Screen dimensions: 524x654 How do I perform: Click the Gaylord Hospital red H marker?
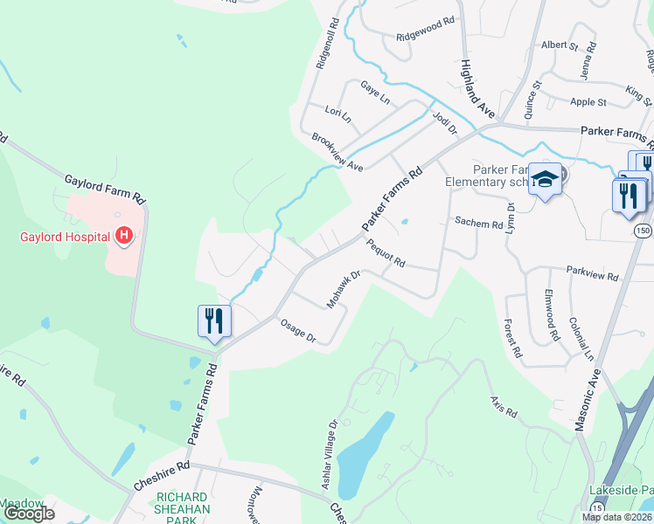pos(124,236)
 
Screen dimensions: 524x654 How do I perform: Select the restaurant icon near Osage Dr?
pos(213,321)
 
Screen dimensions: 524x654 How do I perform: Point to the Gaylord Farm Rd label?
pos(103,190)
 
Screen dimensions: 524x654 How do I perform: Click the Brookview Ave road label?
pos(337,152)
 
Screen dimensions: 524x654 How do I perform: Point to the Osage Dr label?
pos(297,332)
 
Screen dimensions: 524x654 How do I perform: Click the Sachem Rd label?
pos(478,224)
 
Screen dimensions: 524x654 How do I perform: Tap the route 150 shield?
pos(642,229)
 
